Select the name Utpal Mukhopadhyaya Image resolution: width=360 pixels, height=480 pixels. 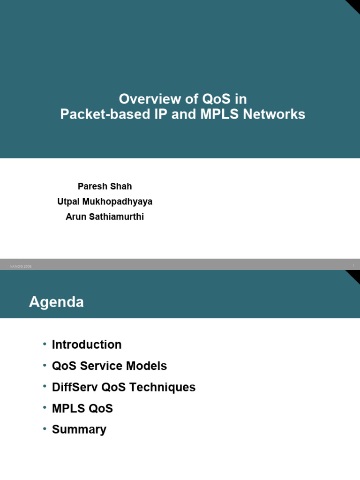[105, 202]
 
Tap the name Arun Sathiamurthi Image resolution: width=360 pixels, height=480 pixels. [105, 217]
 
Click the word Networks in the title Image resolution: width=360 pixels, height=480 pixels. [278, 114]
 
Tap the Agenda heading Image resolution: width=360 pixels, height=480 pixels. [56, 302]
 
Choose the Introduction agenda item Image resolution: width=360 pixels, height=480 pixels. [87, 345]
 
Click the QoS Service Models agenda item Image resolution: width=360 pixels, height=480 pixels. [109, 366]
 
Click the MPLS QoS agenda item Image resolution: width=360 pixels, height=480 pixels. [82, 408]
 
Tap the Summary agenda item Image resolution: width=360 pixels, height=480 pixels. [79, 429]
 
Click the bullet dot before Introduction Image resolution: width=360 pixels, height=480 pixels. [45, 344]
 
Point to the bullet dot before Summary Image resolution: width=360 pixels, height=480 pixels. [45, 429]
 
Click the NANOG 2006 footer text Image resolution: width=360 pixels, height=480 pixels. [20, 266]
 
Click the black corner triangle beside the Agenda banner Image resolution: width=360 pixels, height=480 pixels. [354, 276]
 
